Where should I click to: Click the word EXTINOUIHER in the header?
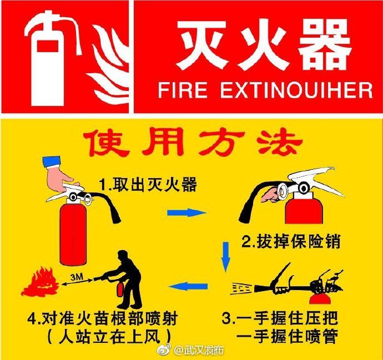(x=296, y=90)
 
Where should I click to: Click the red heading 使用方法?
(x=192, y=143)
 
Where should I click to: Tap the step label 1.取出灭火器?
(x=148, y=185)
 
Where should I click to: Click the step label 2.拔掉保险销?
(x=290, y=242)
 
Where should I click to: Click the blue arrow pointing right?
(x=187, y=212)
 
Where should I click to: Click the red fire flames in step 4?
(x=40, y=283)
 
